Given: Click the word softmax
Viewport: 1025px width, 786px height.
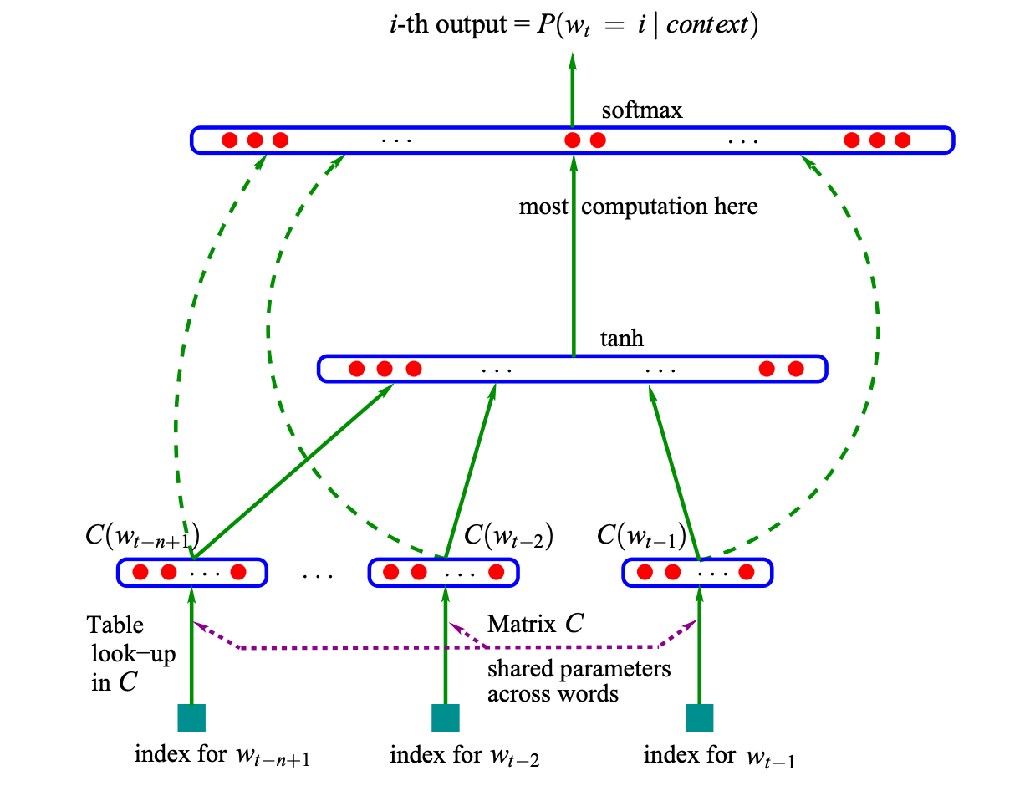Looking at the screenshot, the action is point(641,110).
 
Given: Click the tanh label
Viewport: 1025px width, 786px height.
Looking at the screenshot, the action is point(621,339).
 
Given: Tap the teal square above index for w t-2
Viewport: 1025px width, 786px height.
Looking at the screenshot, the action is point(446,717).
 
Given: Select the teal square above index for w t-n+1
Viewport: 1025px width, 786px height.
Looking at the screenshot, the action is point(191,717).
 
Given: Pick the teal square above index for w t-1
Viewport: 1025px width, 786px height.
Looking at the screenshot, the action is point(699,717).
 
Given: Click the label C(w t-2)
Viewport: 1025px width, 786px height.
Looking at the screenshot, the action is point(508,536).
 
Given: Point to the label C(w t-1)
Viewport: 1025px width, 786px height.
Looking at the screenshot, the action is point(641,536).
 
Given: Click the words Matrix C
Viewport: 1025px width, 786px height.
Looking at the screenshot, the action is point(536,624).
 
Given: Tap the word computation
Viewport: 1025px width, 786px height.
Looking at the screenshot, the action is point(645,207).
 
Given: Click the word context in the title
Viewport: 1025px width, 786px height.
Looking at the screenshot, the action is point(706,24).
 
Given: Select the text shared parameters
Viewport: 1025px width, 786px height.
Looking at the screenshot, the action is point(579,670).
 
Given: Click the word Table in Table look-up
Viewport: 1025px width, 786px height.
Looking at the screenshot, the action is point(115,625).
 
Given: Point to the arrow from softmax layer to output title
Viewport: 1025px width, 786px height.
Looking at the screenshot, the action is point(572,89).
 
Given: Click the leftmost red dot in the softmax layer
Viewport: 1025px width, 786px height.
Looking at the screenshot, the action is point(230,140).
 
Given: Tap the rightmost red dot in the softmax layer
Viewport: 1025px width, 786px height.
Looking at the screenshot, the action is point(902,140).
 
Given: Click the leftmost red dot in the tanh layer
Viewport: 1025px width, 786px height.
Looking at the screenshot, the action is point(357,369).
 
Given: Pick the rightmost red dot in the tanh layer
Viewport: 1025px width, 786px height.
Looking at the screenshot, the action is point(796,369).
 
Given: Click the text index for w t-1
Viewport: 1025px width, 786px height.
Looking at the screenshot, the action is point(719,755).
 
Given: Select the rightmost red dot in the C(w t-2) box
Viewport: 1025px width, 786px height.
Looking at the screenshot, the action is point(497,572).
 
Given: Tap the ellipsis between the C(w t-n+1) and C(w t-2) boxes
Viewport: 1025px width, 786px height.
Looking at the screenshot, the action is point(318,576).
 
